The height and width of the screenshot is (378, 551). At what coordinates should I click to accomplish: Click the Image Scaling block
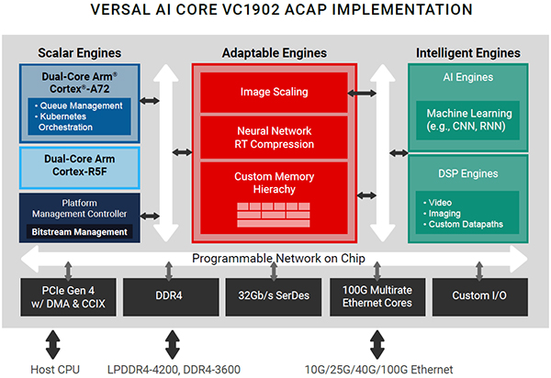(274, 92)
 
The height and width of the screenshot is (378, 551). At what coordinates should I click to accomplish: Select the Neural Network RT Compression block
(274, 137)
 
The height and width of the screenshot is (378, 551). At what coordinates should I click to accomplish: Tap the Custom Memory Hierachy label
(274, 182)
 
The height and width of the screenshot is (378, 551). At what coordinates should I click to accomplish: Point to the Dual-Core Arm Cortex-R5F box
(79, 164)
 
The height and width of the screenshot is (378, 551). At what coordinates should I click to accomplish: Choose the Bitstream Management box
(79, 232)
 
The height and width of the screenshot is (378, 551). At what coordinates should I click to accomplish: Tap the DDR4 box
(168, 297)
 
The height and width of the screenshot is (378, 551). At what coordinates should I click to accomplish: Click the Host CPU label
(52, 369)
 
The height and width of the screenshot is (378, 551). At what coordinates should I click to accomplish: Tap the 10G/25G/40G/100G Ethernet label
(377, 369)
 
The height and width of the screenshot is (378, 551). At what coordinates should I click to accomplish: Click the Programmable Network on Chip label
(274, 259)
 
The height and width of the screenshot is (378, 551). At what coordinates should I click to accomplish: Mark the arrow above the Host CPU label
(52, 344)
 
